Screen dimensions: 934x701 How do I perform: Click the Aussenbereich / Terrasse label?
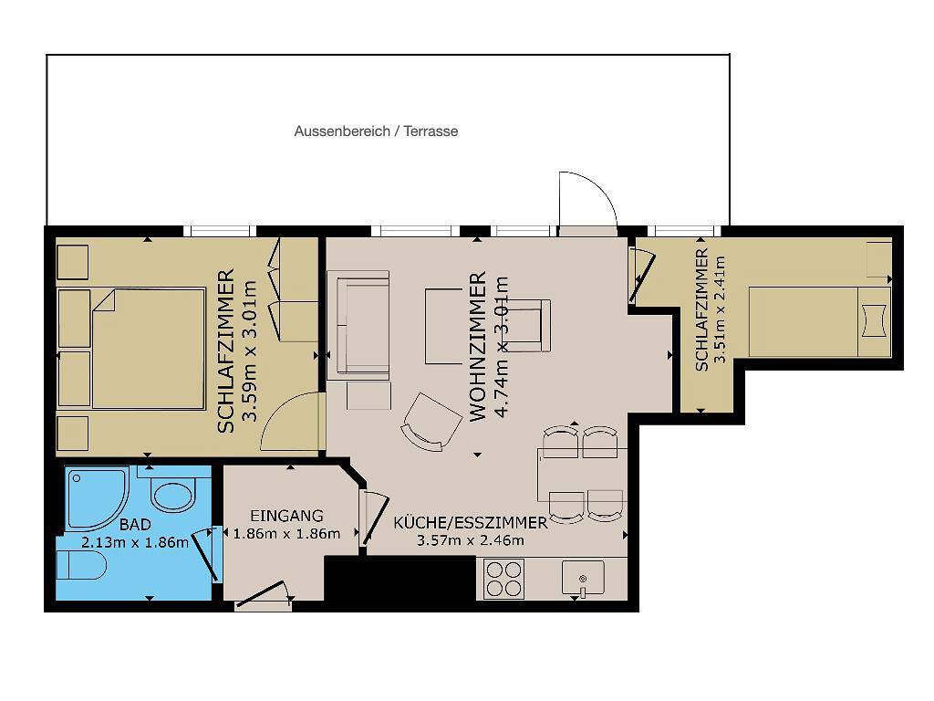pyautogui.click(x=376, y=131)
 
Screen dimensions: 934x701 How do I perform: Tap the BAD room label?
pyautogui.click(x=135, y=525)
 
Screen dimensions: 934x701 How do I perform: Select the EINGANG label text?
pyautogui.click(x=286, y=516)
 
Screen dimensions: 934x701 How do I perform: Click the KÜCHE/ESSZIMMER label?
pyautogui.click(x=470, y=523)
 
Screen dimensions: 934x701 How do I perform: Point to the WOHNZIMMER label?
pyautogui.click(x=478, y=346)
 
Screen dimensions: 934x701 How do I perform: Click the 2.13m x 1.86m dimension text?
pyautogui.click(x=135, y=542)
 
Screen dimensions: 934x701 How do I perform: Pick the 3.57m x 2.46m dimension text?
pyautogui.click(x=470, y=540)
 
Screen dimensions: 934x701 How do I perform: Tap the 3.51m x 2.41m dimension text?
pyautogui.click(x=720, y=309)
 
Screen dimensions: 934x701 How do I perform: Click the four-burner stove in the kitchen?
pyautogui.click(x=503, y=579)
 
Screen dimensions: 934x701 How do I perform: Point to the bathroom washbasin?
pyautogui.click(x=172, y=495)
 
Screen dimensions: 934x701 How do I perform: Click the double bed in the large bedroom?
pyautogui.click(x=149, y=349)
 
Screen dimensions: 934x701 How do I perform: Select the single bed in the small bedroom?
pyautogui.click(x=820, y=322)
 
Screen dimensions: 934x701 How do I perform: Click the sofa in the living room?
pyautogui.click(x=363, y=325)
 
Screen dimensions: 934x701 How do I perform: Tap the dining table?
pyautogui.click(x=581, y=475)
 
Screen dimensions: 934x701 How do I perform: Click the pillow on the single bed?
pyautogui.click(x=874, y=321)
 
